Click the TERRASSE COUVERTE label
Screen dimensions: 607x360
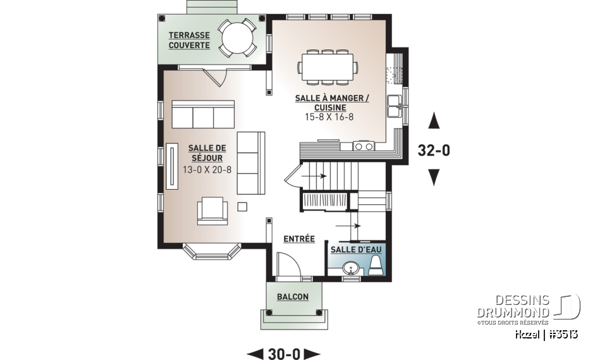[x=189, y=40]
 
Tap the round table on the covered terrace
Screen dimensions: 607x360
[x=237, y=39]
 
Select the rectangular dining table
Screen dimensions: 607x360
[x=327, y=66]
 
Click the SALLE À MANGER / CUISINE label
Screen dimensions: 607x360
[x=332, y=102]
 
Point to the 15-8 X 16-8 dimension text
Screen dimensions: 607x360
[x=329, y=116]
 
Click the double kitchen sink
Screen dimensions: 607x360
[x=395, y=106]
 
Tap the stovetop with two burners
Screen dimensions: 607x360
[x=364, y=146]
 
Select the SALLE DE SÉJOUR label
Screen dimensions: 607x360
[x=207, y=153]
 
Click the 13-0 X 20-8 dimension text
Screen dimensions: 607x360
[x=207, y=170]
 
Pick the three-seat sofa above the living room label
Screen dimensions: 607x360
[x=203, y=115]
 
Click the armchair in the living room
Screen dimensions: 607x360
[x=212, y=211]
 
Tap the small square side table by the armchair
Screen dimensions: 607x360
[x=242, y=207]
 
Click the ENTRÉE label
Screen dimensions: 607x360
[x=299, y=239]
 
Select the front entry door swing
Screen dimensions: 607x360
[x=289, y=264]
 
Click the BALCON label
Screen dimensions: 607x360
[x=293, y=297]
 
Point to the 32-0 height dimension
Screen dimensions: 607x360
[x=434, y=150]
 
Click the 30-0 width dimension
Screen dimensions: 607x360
[x=284, y=354]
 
